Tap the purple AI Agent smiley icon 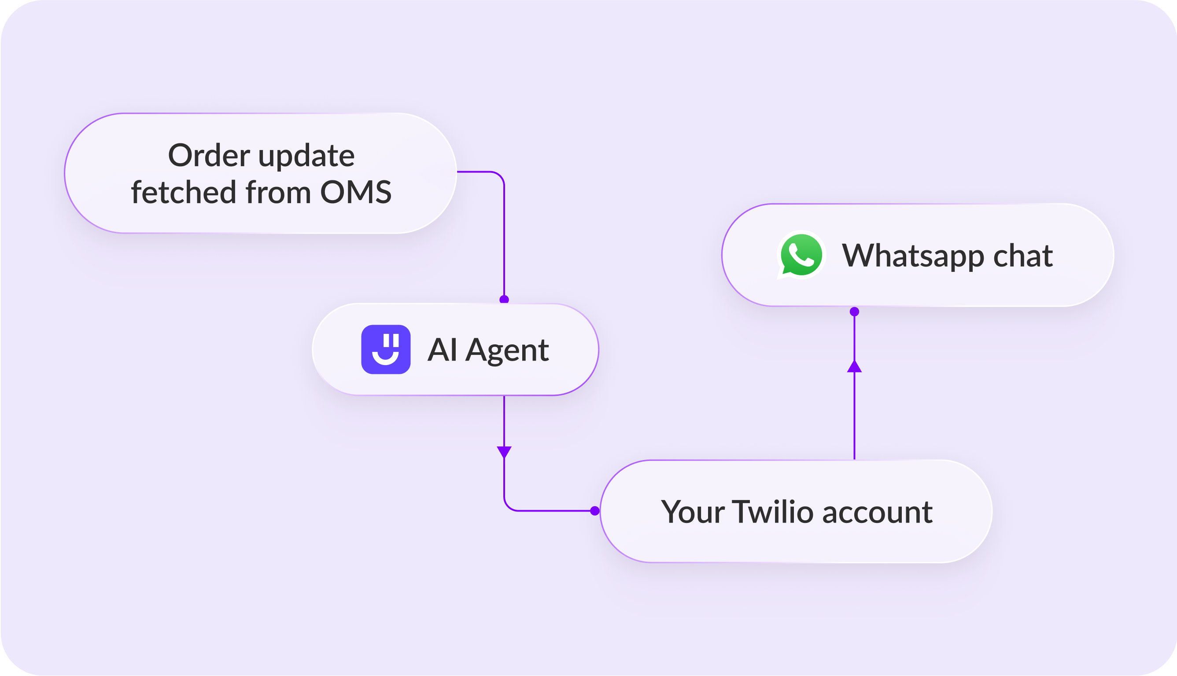(386, 349)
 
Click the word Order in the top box (209, 155)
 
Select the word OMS (356, 192)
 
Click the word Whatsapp (913, 256)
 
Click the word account (877, 512)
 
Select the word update (306, 156)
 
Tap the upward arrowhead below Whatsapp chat (855, 366)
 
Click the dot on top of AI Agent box (504, 300)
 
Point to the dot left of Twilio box (595, 511)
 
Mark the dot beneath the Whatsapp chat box (855, 311)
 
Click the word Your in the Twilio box (693, 512)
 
